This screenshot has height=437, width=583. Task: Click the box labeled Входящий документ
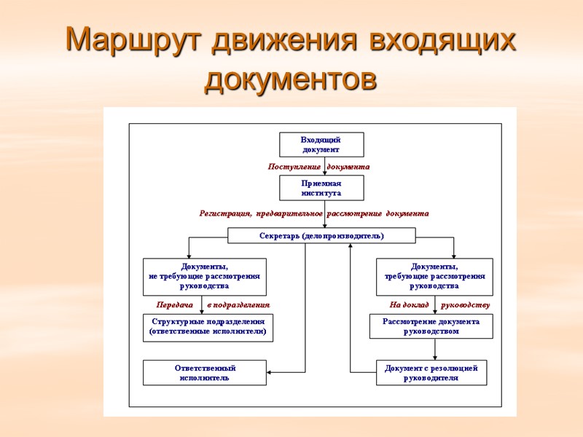321,144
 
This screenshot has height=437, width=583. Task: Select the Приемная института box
321,188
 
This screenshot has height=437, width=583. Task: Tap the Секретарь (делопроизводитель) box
321,236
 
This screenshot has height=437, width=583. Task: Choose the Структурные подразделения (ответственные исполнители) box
208,326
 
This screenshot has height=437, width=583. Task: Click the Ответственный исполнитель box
204,373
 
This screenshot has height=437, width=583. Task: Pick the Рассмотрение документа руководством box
431,326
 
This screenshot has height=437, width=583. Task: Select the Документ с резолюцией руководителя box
431,373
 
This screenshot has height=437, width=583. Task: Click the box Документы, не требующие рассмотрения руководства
204,276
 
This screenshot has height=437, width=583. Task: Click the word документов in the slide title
291,79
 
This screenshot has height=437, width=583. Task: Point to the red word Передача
174,304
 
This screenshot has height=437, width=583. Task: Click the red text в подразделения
238,304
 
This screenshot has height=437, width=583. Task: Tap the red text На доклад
409,304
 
